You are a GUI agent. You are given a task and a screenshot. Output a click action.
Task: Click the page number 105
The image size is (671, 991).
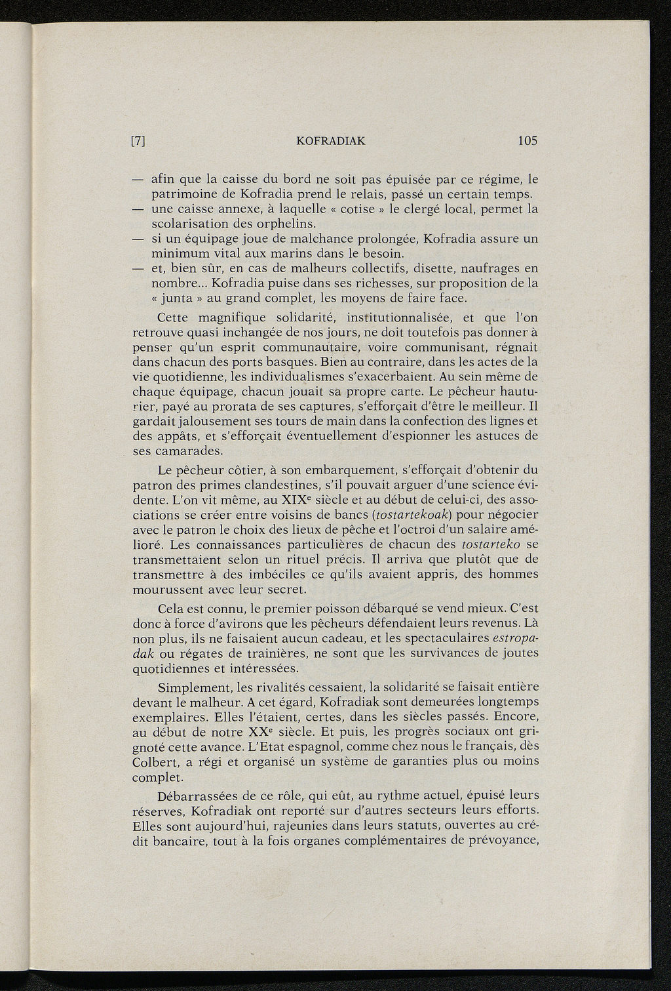click(527, 140)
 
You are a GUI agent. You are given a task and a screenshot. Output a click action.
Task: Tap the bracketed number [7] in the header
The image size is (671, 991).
click(138, 140)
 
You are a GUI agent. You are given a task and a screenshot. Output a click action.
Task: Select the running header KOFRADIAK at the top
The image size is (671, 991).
click(331, 140)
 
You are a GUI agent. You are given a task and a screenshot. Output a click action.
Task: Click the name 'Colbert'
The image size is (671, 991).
click(155, 762)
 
